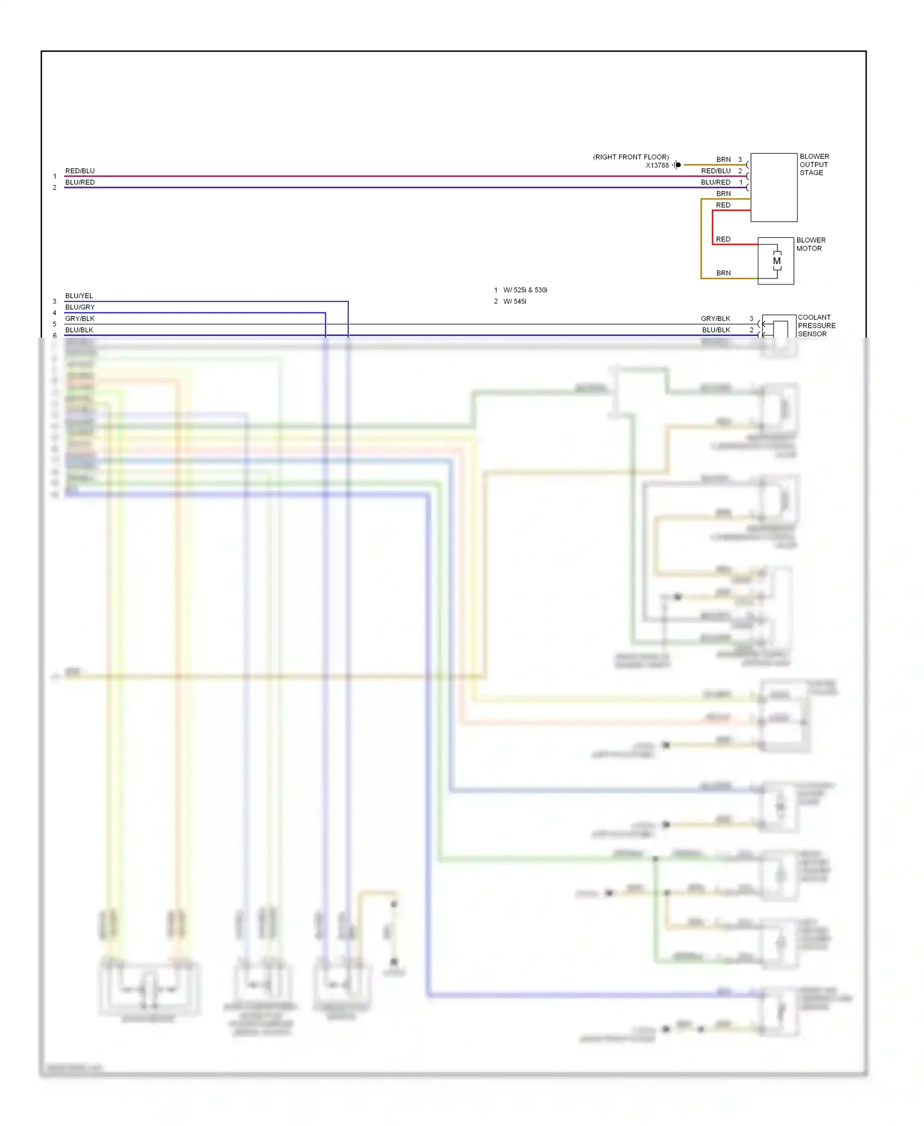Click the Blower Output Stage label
point(814,164)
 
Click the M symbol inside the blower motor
point(777,261)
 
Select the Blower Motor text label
point(811,245)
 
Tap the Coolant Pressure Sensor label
point(816,326)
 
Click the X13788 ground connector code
point(657,166)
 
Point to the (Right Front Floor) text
point(631,157)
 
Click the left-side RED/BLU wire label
point(80,171)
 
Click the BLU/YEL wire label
point(79,296)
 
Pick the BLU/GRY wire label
point(80,307)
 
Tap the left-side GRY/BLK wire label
point(80,319)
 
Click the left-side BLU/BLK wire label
point(79,330)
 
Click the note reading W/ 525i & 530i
point(525,290)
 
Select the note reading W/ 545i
point(514,302)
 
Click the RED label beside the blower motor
point(723,240)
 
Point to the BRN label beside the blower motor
point(723,273)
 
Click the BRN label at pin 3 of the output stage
point(723,160)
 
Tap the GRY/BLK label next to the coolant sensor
point(715,319)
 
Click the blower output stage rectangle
point(774,188)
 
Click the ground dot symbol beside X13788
point(678,165)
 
